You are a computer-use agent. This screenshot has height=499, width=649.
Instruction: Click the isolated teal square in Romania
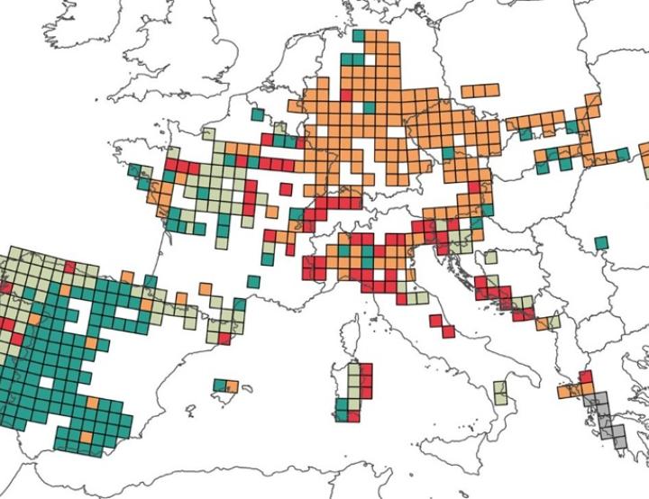pyautogui.click(x=601, y=242)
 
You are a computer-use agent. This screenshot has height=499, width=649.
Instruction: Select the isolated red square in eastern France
pyautogui.click(x=286, y=189)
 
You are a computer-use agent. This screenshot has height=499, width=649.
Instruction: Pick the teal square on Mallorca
pyautogui.click(x=219, y=386)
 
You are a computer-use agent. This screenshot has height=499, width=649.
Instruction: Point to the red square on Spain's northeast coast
pyautogui.click(x=224, y=339)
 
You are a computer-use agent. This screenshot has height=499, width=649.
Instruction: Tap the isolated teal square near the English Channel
pyautogui.click(x=258, y=115)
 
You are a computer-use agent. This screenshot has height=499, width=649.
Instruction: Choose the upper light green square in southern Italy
pyautogui.click(x=501, y=388)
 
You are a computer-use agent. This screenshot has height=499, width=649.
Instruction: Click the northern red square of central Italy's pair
pyautogui.click(x=436, y=320)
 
